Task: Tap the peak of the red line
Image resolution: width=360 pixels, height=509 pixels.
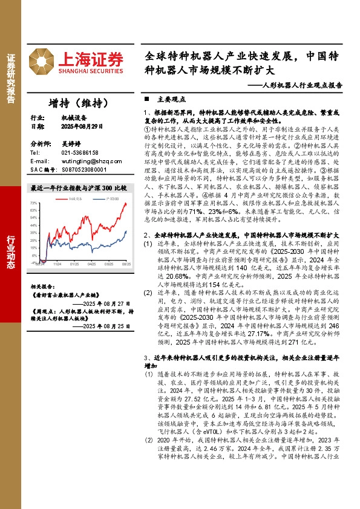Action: pyautogui.click(x=125, y=204)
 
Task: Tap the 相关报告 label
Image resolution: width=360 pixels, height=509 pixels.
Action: pyautogui.click(x=42, y=270)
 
